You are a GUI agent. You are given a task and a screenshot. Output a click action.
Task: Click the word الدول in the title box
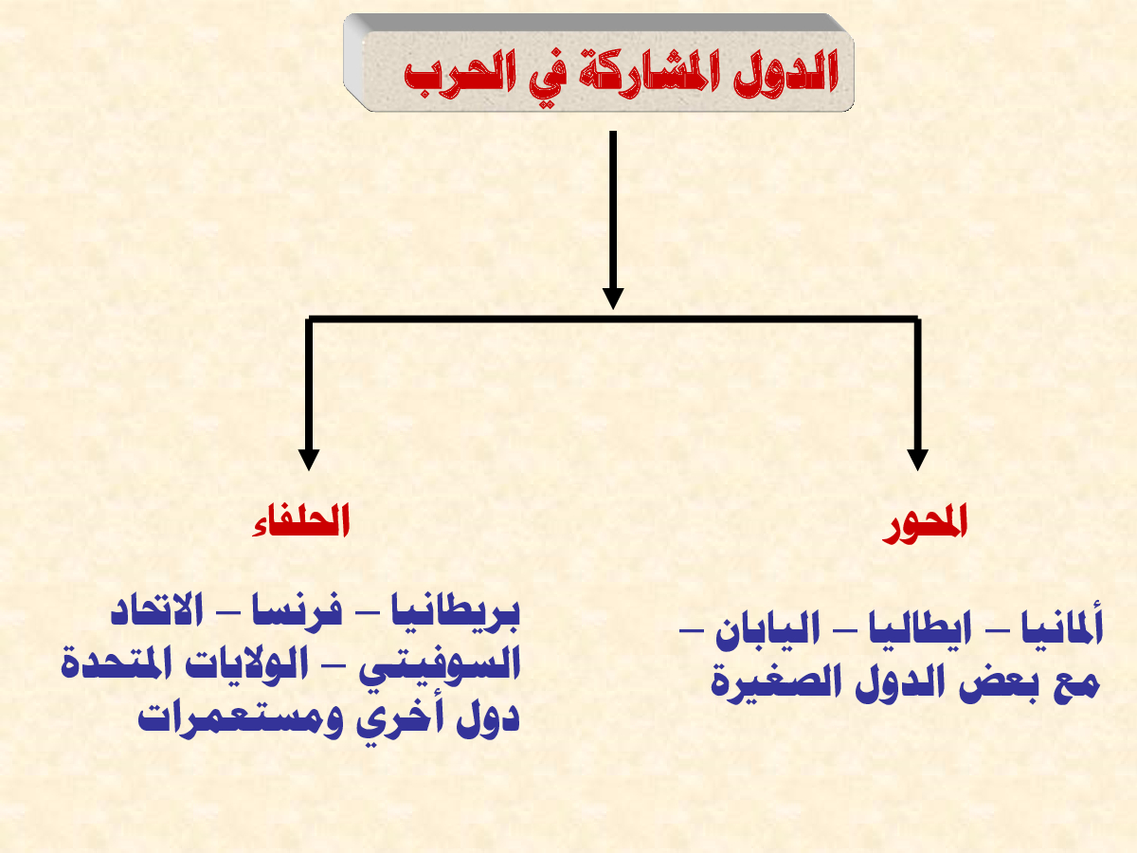point(785,70)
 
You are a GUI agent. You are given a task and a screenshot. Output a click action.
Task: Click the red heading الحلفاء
point(301,520)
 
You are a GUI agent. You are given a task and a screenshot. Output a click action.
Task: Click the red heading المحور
point(925,523)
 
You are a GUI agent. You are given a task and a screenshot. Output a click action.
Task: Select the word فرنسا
point(298,611)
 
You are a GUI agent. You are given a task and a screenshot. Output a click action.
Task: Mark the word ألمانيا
point(1062,626)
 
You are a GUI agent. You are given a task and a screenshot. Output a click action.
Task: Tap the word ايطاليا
point(920,628)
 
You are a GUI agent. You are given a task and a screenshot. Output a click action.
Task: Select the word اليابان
point(767,628)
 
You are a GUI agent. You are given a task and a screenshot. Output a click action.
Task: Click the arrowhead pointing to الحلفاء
point(309,460)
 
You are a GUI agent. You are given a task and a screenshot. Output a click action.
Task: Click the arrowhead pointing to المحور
point(917,460)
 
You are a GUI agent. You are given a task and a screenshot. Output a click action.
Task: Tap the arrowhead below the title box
point(613,299)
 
